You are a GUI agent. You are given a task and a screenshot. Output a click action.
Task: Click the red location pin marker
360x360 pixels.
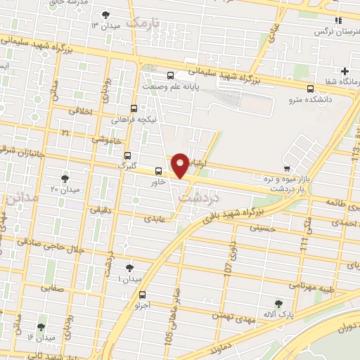(181, 165)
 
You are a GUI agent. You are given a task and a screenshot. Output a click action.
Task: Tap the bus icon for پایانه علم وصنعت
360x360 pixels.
(170, 75)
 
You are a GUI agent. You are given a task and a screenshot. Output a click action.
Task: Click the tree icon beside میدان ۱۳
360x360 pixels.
(105, 15)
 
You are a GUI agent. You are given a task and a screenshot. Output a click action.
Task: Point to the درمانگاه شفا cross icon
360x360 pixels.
(345, 71)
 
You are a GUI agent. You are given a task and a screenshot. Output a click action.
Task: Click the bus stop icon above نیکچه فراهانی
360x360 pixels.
(134, 108)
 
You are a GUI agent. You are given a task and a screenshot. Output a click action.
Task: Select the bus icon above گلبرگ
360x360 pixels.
(127, 155)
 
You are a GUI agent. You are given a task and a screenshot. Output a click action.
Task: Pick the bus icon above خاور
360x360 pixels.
(158, 170)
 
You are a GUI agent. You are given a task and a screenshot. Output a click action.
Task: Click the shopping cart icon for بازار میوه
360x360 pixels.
(286, 168)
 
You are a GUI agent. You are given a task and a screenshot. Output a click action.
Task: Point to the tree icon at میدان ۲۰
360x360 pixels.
(65, 179)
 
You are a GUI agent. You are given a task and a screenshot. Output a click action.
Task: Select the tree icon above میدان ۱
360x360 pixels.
(129, 267)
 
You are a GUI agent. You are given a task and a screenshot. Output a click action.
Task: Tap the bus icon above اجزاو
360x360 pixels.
(143, 295)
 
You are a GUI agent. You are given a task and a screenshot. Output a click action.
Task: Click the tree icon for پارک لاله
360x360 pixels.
(279, 303)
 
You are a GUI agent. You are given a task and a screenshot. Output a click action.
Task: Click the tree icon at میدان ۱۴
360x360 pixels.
(41, 326)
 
